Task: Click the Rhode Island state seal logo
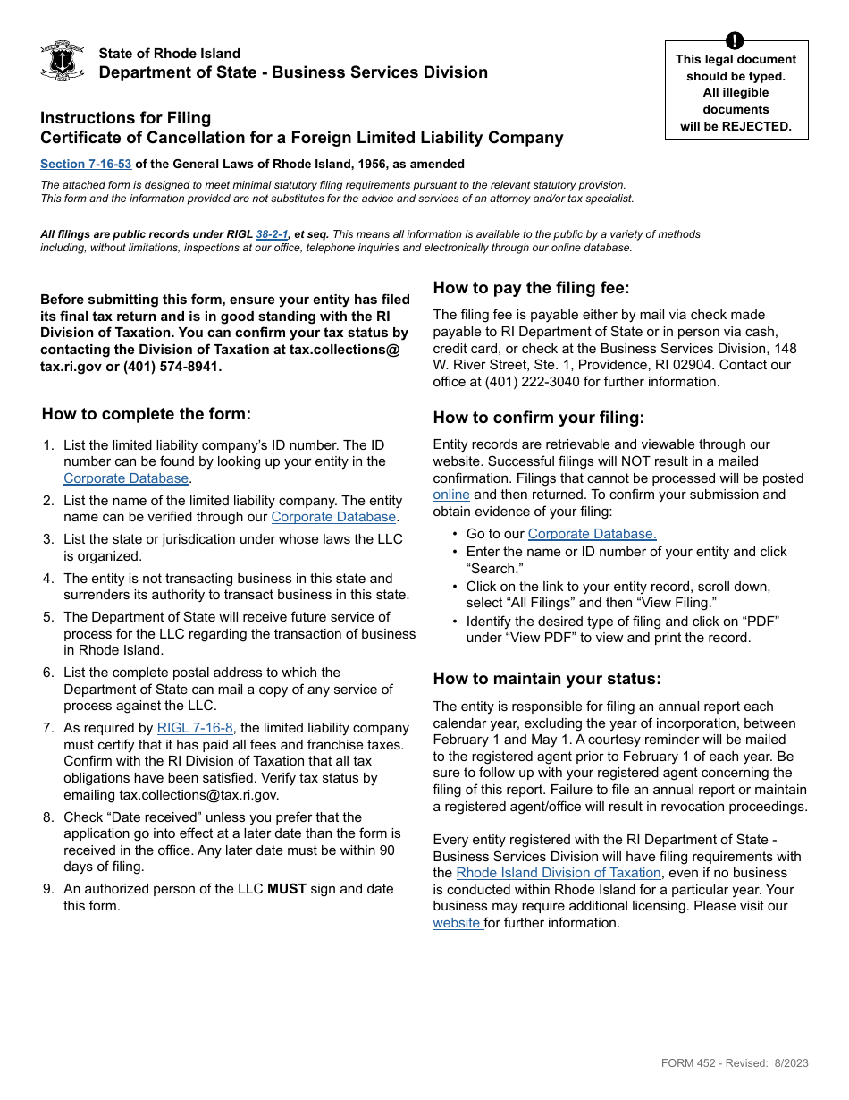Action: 63,61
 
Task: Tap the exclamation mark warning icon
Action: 735,40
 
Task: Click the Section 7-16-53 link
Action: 86,164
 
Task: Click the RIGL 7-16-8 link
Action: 195,728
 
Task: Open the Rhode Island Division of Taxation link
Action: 559,873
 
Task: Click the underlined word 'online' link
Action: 451,495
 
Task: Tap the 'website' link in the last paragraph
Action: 458,923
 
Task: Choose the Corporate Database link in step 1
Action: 126,478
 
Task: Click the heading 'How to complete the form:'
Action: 147,414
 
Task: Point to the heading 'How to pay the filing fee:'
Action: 531,288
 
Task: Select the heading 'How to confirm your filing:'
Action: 538,418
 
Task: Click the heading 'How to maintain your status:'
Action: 547,679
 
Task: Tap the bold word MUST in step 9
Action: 287,889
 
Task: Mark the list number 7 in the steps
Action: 48,728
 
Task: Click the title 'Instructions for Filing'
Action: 126,118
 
